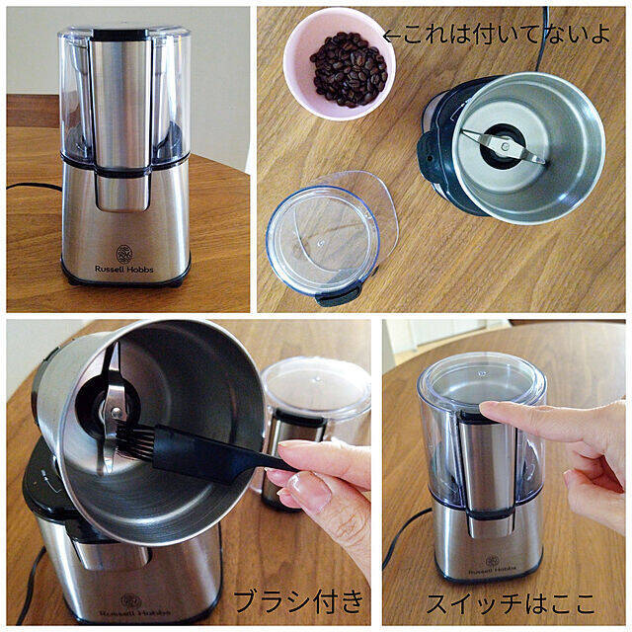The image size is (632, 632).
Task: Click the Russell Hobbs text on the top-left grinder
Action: [x=124, y=269]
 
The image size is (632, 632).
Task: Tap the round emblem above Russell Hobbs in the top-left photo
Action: [x=124, y=254]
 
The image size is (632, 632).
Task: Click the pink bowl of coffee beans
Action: [x=340, y=63]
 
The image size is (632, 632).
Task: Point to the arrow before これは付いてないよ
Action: [x=392, y=36]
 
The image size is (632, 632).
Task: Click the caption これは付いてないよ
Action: [x=507, y=34]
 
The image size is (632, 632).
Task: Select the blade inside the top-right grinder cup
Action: [x=504, y=146]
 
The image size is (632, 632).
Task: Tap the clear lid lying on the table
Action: [x=331, y=239]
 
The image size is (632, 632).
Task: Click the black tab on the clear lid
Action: [x=334, y=297]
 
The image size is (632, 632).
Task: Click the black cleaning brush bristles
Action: [x=135, y=442]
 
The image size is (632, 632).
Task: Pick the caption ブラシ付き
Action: [x=298, y=601]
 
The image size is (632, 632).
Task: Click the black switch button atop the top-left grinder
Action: [x=120, y=35]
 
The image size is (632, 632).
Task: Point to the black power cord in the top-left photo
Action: [x=34, y=187]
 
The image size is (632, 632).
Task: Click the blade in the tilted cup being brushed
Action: [x=112, y=407]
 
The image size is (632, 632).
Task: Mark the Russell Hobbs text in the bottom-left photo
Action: [x=135, y=612]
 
